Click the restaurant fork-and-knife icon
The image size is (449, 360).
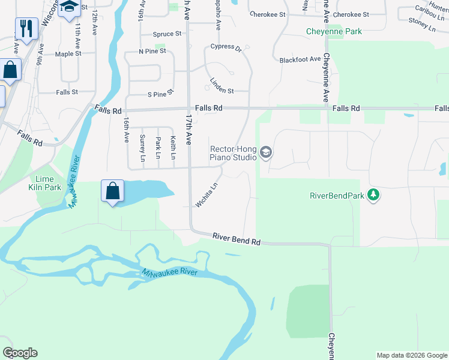(x=26, y=28)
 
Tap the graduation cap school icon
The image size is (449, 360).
(x=69, y=7)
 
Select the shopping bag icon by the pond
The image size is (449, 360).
(x=112, y=191)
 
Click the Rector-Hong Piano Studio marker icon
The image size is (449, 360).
(x=266, y=154)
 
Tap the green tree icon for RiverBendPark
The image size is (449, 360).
(x=373, y=195)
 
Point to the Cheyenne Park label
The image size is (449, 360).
(x=334, y=31)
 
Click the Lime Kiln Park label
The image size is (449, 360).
(x=44, y=183)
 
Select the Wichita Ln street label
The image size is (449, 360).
(x=206, y=195)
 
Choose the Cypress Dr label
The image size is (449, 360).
(x=225, y=47)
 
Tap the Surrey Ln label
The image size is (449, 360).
(x=142, y=148)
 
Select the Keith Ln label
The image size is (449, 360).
(x=173, y=147)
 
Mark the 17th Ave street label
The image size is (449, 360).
(x=189, y=130)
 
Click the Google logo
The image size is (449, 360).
(x=20, y=353)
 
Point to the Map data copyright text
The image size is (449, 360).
(x=412, y=355)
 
